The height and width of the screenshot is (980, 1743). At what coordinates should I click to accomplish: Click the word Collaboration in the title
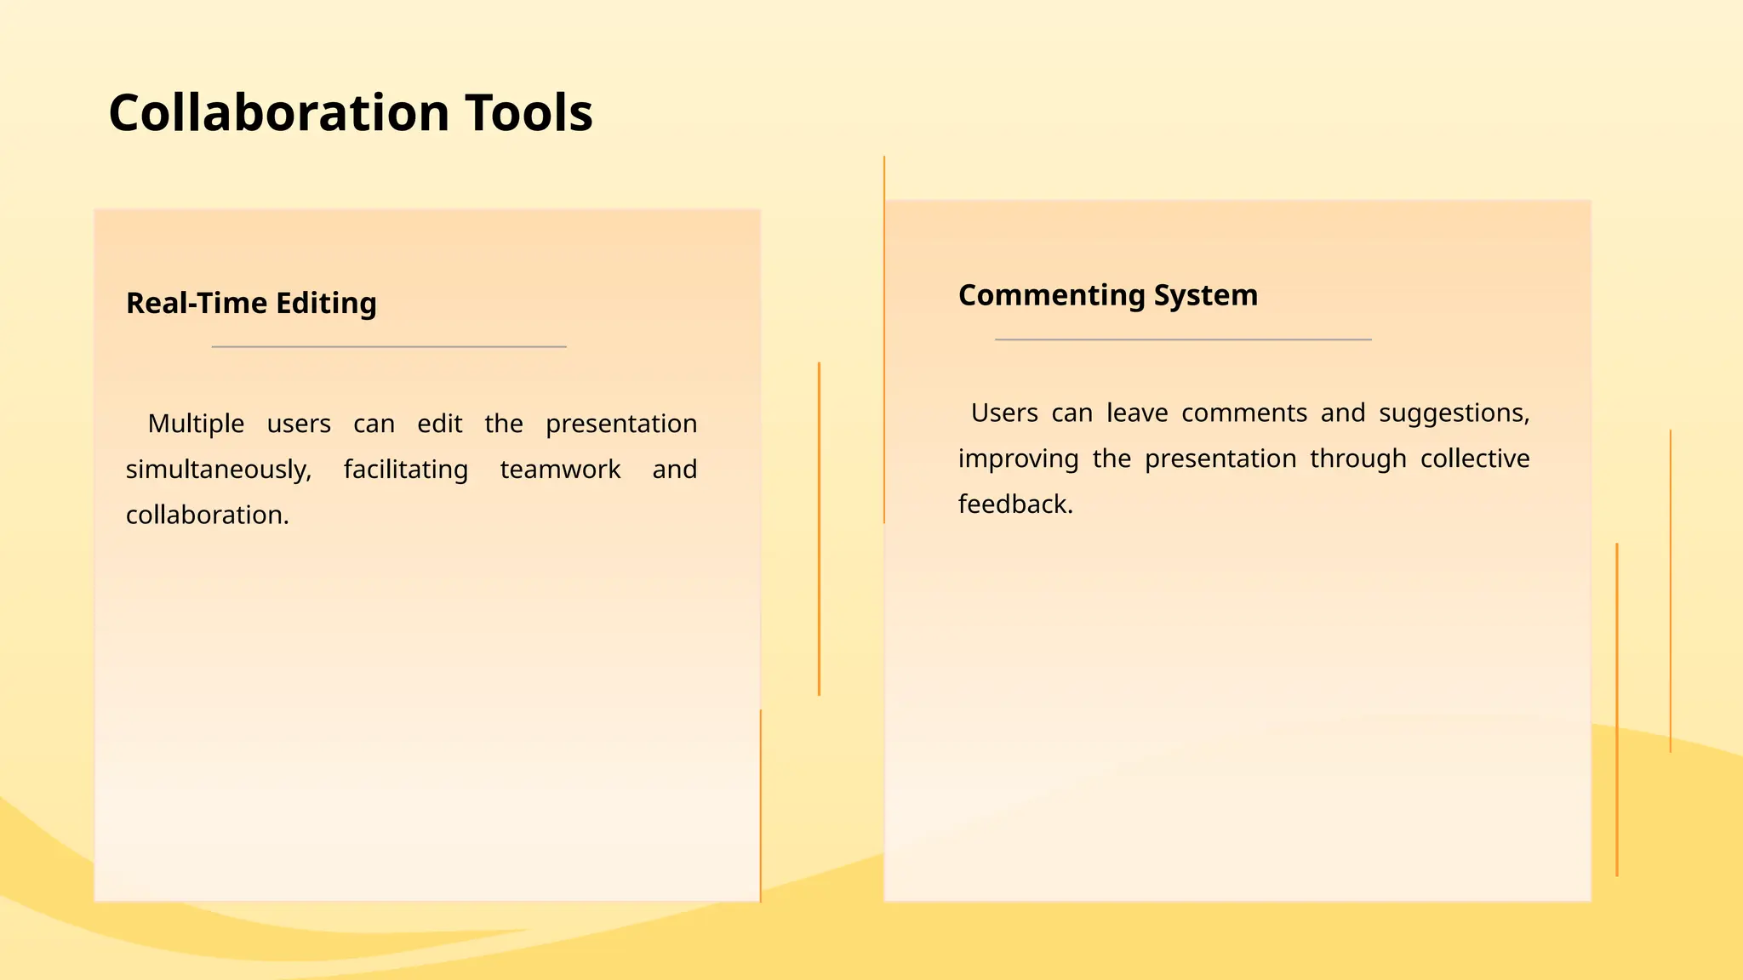pos(278,113)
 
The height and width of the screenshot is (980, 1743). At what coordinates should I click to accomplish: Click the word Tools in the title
pos(529,113)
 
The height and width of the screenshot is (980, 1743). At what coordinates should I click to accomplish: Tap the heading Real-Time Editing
pos(251,303)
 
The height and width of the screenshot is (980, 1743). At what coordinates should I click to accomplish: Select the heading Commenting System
pos(1107,295)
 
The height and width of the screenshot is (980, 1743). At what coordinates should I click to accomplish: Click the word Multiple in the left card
pos(196,424)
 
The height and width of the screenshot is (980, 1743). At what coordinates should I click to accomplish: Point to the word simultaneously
pos(219,470)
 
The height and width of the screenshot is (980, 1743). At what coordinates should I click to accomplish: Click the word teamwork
pos(560,470)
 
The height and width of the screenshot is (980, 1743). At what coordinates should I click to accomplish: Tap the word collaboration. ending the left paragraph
pos(208,516)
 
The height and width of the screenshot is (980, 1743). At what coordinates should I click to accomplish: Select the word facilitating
pos(405,470)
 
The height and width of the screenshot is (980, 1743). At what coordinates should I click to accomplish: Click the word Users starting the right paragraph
pos(1003,413)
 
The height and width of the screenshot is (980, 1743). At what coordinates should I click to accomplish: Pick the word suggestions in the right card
pos(1454,413)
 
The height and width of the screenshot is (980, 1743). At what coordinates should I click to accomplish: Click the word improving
pos(1018,459)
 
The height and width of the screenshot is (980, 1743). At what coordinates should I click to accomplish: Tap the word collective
pos(1474,459)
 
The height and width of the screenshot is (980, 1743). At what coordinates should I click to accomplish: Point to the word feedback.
pos(1014,504)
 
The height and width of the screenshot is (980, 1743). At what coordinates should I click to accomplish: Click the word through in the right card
pos(1357,459)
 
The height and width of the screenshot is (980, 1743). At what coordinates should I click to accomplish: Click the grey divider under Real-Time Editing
pos(389,347)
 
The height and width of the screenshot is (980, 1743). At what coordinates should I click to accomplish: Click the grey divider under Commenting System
pos(1183,339)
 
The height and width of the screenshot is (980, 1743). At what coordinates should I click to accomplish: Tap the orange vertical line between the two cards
pos(819,527)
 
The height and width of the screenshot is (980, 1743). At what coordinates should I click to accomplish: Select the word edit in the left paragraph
pos(439,424)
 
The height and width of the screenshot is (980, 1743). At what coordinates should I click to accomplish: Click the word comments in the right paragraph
pos(1243,413)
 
